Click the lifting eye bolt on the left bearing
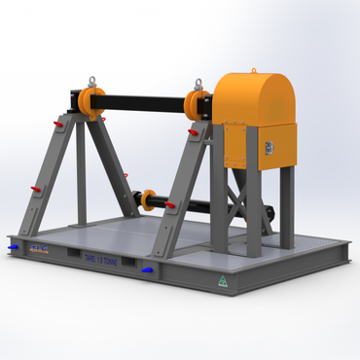click(x=92, y=82)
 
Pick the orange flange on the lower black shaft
click(x=148, y=200)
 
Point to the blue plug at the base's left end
click(x=12, y=247)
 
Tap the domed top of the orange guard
click(x=254, y=93)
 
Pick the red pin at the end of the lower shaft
click(x=171, y=205)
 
